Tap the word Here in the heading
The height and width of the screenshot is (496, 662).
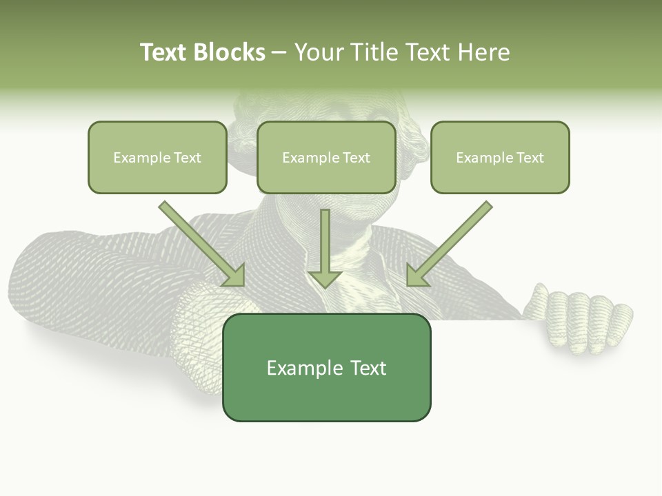tap(483, 52)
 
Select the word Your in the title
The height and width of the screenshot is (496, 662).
tap(318, 52)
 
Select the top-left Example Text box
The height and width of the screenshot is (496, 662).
tap(157, 157)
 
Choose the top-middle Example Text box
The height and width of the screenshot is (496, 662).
tap(326, 157)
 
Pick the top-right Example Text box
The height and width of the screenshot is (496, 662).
tap(500, 157)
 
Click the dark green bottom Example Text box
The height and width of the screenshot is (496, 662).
tap(327, 367)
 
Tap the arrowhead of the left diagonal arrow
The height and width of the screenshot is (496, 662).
tap(234, 275)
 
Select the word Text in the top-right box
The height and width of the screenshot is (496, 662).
tap(530, 158)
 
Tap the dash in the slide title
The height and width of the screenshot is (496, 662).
tap(279, 52)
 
